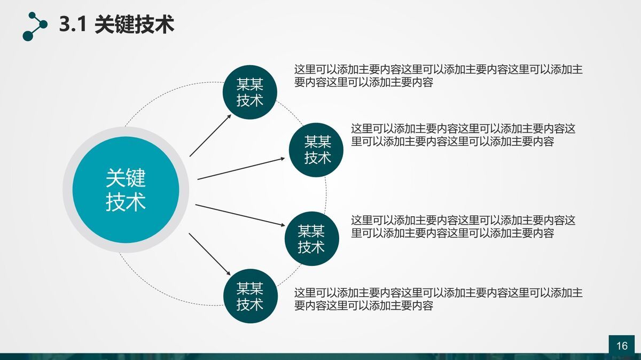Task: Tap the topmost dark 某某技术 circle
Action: pos(249,92)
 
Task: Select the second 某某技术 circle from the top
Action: pos(317,150)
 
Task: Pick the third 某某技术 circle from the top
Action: pos(311,239)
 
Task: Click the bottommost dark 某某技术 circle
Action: pos(249,296)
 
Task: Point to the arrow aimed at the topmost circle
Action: pos(210,135)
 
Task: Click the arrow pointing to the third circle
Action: pos(240,215)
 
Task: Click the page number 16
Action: pos(622,346)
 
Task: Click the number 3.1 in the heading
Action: pos(73,25)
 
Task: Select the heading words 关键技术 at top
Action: pos(134,25)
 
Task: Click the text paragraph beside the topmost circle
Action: pos(438,76)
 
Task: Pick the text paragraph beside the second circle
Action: pos(463,135)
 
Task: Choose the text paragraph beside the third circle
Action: pos(463,226)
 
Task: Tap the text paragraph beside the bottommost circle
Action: pos(438,299)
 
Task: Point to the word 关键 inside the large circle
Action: pos(125,178)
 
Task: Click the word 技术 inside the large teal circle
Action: pos(125,202)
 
